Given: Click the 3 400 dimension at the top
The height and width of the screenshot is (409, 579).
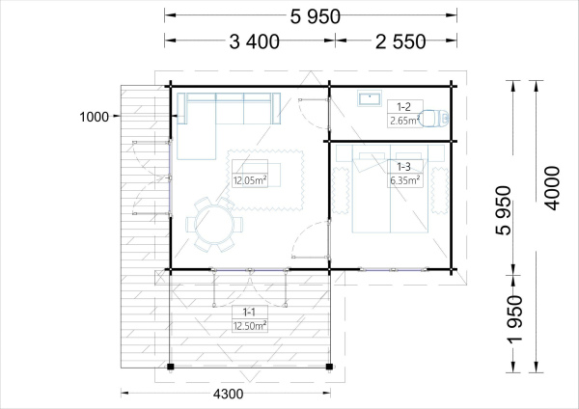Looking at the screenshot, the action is [x=254, y=41].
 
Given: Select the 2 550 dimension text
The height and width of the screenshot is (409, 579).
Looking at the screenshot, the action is [x=400, y=41].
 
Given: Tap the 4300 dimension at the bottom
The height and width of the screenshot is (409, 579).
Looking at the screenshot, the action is [x=228, y=394].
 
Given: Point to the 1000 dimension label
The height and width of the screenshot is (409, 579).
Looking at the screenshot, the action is [x=95, y=117].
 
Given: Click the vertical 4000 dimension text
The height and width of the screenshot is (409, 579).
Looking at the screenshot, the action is [x=553, y=188].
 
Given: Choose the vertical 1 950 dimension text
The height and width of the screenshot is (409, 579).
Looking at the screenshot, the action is [x=514, y=319].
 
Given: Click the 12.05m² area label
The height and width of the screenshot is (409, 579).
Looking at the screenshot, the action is [x=250, y=180].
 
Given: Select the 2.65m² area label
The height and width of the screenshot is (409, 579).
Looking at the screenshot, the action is [x=404, y=121].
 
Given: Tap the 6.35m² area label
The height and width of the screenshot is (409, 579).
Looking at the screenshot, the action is [x=404, y=180].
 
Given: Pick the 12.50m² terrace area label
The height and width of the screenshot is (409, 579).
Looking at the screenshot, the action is [x=250, y=326].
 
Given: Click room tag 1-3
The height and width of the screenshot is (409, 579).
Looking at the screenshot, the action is [x=403, y=167].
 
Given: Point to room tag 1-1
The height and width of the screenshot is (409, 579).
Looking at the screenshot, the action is [x=249, y=313].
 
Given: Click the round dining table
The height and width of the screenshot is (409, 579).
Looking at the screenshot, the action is [x=214, y=224].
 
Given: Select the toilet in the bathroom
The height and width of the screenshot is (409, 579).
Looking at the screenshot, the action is [x=434, y=118].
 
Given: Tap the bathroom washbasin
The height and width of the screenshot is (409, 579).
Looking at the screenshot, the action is [x=369, y=99].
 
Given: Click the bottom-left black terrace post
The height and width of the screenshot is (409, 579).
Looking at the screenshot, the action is [x=170, y=367].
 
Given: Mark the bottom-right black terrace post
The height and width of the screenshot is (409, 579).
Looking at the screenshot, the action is [x=329, y=367].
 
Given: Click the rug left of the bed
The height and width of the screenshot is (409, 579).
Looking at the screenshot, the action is [x=341, y=190].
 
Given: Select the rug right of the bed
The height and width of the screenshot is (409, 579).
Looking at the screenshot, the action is [x=439, y=190].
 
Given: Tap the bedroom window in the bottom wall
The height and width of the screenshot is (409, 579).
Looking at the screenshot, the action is [x=394, y=270].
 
